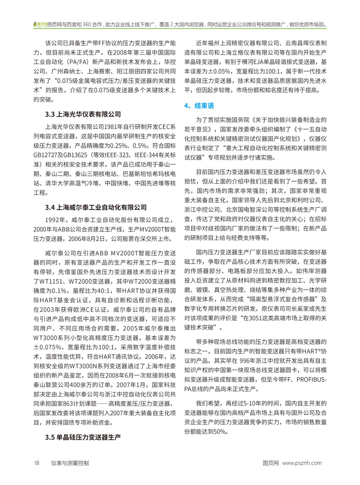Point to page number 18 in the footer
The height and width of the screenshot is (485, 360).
36,463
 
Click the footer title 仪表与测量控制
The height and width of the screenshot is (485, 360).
70,463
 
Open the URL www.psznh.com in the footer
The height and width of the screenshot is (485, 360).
304,463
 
